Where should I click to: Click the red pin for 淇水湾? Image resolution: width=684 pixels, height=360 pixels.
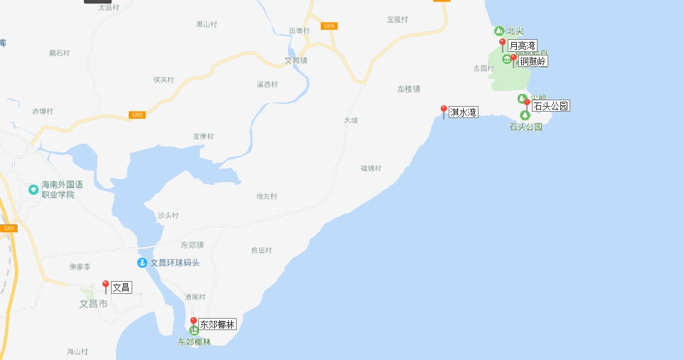tap(444, 111)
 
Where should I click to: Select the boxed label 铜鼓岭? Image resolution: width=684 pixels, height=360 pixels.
tap(533, 61)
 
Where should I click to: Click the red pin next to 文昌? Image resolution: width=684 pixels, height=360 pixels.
tap(106, 286)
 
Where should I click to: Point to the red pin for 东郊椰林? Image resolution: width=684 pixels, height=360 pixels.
tap(193, 322)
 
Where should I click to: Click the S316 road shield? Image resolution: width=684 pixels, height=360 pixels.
tap(328, 26)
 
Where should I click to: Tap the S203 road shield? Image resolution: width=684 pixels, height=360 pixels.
tap(138, 115)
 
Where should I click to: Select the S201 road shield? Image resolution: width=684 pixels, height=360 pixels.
tap(9, 228)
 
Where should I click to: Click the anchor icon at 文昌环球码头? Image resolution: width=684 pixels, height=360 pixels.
tap(142, 263)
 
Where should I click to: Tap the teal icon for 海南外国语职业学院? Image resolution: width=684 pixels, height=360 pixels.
tap(33, 189)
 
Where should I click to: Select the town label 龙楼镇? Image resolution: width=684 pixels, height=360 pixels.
tap(409, 89)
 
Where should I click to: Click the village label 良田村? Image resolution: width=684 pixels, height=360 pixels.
tap(262, 250)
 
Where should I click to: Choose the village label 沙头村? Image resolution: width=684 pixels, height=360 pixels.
tap(168, 215)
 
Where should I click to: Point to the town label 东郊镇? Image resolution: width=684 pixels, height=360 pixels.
tap(192, 245)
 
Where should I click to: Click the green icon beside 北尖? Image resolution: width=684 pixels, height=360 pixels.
tap(498, 31)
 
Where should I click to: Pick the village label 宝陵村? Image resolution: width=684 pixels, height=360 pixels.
tap(397, 19)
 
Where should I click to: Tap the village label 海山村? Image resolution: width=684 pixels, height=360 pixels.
tap(77, 351)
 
